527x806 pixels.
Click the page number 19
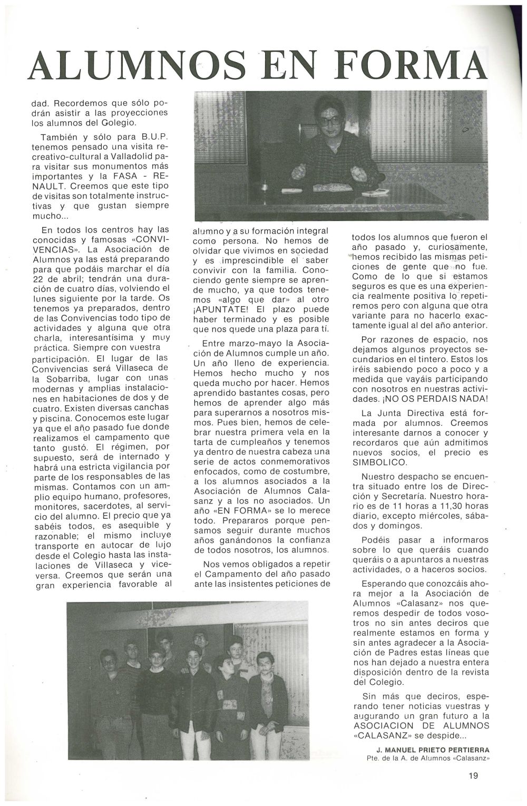pos(473,775)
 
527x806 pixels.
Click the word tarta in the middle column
pos(206,442)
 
